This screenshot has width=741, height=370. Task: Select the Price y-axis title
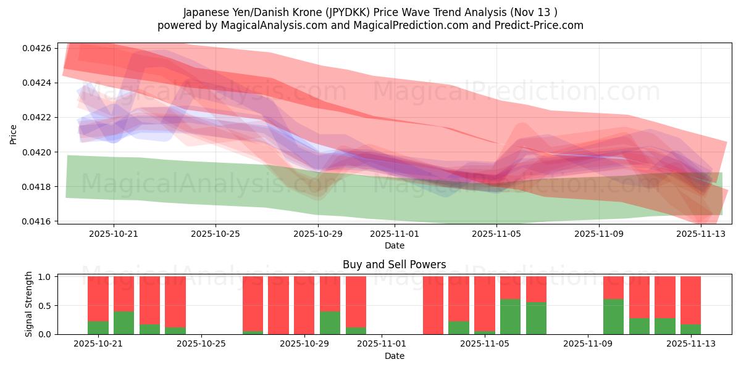pos(14,134)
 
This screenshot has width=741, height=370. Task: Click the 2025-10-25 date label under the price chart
pos(216,234)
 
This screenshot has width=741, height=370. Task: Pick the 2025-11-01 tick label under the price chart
pos(395,234)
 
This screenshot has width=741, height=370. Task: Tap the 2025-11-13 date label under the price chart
pos(701,234)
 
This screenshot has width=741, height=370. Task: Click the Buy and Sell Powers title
pos(395,265)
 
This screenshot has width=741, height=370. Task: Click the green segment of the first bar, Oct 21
pos(98,327)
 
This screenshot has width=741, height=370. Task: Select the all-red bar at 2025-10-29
pos(304,305)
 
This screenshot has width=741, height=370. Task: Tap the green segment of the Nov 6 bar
pos(510,317)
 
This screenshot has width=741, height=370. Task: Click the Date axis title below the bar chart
pos(395,356)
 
